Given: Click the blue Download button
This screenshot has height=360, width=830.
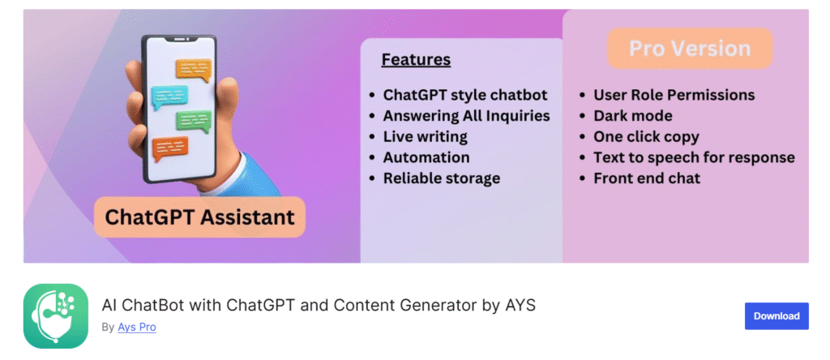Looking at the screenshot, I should (776, 316).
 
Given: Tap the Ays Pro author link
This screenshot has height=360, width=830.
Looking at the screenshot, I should (137, 328).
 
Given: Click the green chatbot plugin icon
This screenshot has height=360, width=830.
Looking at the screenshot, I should (56, 316).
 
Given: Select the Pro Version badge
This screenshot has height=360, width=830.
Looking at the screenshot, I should (690, 49).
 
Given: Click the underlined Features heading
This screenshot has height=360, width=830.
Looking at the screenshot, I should (416, 60).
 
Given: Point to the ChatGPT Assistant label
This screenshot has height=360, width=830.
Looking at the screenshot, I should (199, 217).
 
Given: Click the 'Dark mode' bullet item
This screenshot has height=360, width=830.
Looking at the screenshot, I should (632, 116).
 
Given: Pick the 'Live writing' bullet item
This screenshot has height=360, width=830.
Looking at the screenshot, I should (425, 136).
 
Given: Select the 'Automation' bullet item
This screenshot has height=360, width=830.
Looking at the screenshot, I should (426, 157).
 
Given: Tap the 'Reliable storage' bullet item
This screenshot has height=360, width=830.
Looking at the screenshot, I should (441, 178).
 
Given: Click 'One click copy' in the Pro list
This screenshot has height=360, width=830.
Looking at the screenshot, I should (646, 136).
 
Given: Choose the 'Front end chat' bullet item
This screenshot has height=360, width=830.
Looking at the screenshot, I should (646, 178).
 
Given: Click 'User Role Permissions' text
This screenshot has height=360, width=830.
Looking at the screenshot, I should (674, 95).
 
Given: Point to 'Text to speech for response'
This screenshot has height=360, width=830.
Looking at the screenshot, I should (693, 157).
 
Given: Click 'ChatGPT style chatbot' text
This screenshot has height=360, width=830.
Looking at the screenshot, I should (464, 95).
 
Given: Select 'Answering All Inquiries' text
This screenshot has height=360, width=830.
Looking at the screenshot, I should (466, 116).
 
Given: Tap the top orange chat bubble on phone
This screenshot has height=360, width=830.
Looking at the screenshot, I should (193, 69).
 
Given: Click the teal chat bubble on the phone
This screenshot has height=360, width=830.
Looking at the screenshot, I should (169, 96).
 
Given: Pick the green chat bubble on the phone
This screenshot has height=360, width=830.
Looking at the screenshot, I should (194, 122).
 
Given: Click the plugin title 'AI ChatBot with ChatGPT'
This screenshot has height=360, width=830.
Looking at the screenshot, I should (319, 306).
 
